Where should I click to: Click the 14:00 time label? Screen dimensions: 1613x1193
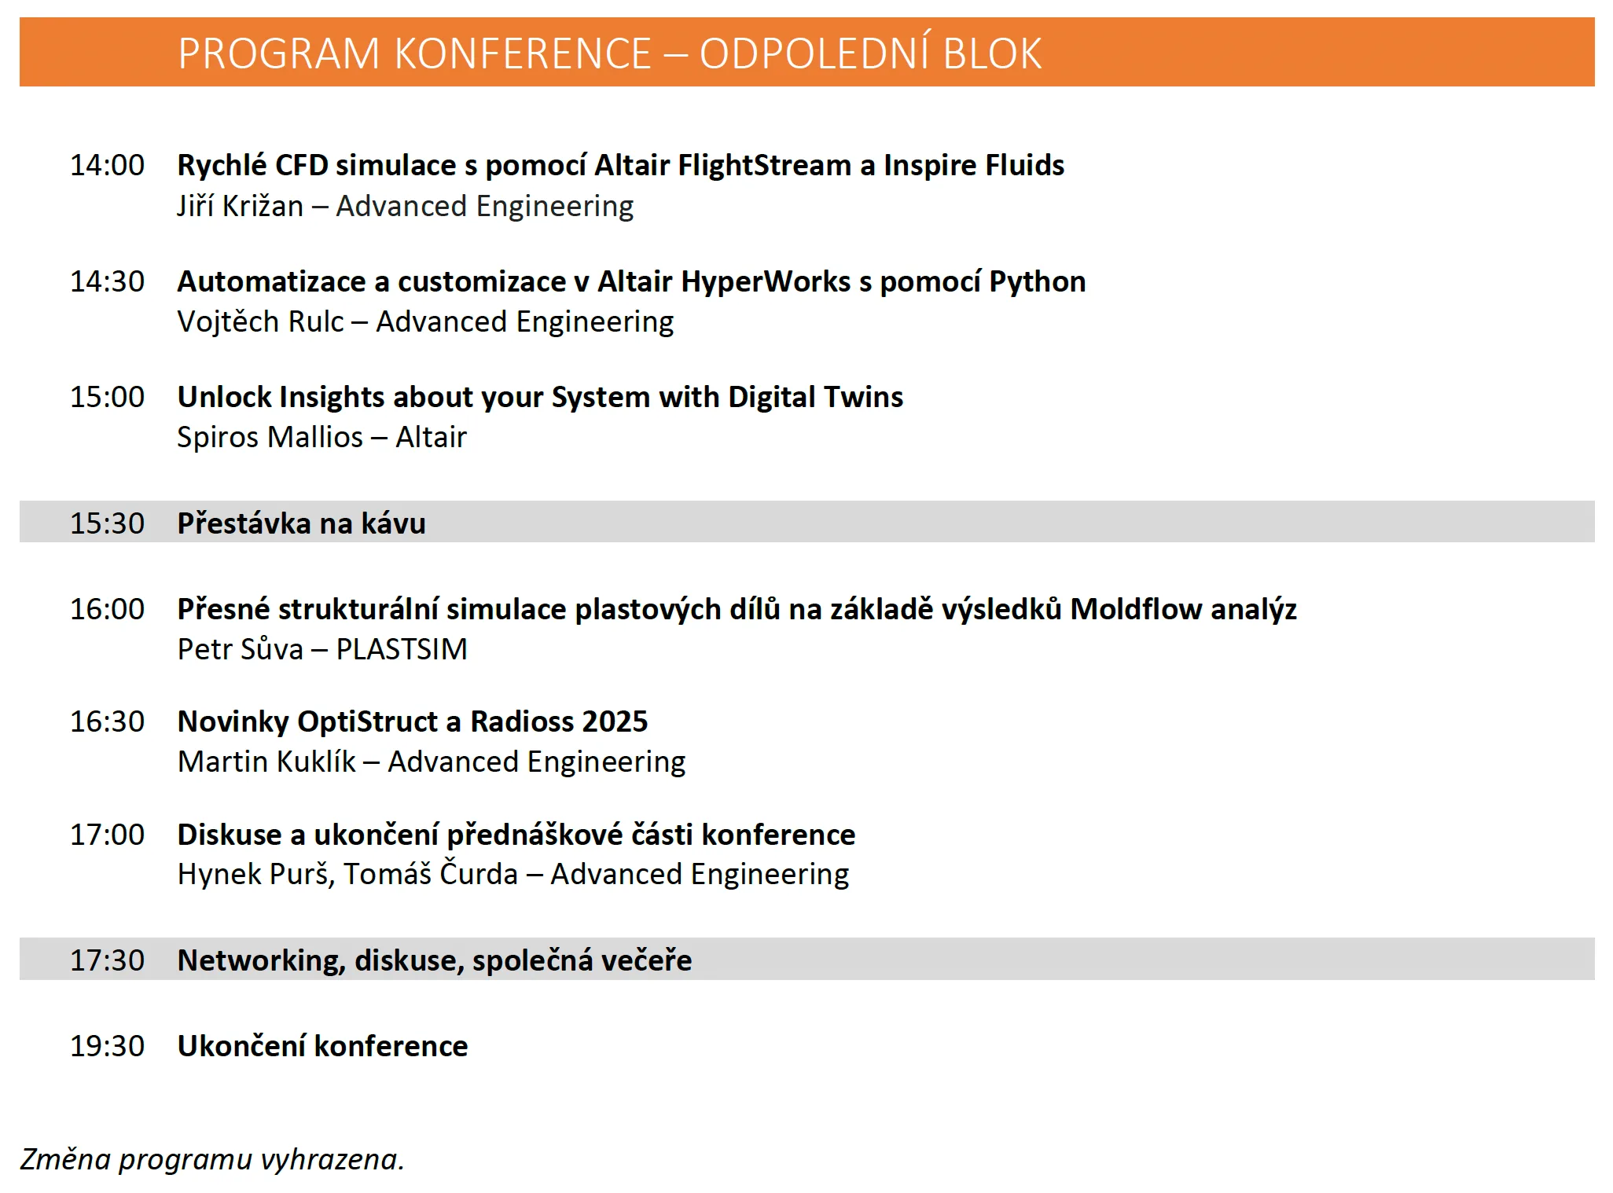(x=107, y=165)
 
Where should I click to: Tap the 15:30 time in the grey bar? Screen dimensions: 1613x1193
(x=107, y=523)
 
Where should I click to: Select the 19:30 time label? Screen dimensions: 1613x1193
(x=107, y=1046)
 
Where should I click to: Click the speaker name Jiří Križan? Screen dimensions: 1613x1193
(x=240, y=206)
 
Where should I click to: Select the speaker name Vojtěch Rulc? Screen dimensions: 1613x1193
(x=260, y=322)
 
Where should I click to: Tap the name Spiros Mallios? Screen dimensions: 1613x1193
(x=270, y=438)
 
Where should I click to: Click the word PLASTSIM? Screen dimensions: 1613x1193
(x=402, y=650)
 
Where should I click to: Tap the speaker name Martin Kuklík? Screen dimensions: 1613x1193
(x=266, y=762)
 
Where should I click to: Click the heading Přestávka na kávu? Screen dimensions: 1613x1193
(x=301, y=523)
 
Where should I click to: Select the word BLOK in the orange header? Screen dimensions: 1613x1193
(x=992, y=54)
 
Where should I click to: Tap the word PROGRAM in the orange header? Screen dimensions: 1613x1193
(x=279, y=54)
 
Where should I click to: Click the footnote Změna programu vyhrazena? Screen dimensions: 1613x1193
(x=212, y=1160)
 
